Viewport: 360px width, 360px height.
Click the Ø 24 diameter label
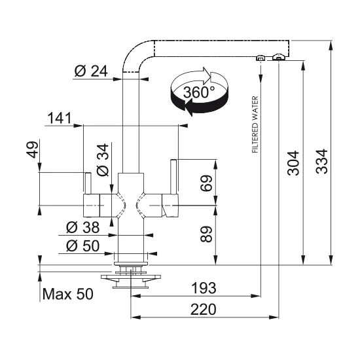coord(90,71)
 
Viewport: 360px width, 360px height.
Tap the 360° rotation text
coord(199,92)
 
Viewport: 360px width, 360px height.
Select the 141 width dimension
coord(59,118)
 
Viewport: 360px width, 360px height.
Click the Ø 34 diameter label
coord(102,160)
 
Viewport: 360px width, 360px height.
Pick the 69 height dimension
coord(206,184)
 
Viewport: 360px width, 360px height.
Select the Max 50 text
coord(67,294)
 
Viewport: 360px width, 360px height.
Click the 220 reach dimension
coord(204,310)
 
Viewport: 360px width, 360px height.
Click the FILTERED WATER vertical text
coord(255,124)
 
